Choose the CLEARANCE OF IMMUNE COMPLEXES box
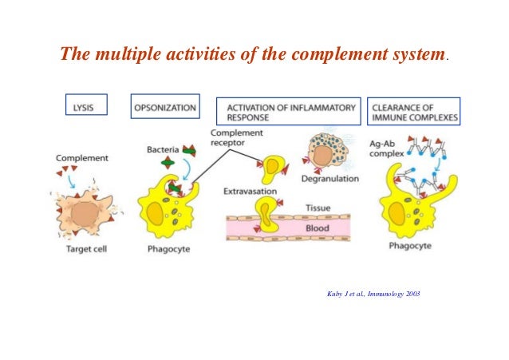pos(414,111)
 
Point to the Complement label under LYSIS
pos(82,158)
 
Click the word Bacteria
pos(163,149)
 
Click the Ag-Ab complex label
pos(385,148)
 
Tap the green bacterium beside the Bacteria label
pos(168,164)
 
